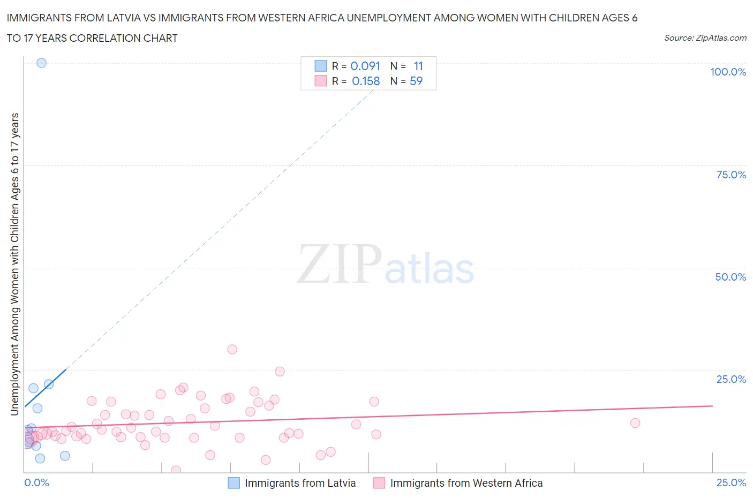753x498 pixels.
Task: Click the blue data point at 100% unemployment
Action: pos(41,63)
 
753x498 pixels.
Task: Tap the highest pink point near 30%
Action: pos(232,349)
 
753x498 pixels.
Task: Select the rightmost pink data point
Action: pos(635,423)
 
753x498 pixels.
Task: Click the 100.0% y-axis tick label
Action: pos(728,72)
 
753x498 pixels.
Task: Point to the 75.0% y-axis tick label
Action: pos(731,175)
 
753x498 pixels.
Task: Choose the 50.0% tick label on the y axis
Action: pos(731,277)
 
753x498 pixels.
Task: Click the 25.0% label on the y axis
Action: pos(731,379)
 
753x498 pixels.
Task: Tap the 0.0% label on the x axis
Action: pos(36,482)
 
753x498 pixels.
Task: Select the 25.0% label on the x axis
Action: pos(731,482)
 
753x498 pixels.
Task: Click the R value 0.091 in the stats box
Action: pos(365,66)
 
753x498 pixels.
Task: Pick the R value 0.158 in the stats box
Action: pos(366,81)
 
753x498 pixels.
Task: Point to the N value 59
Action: pos(416,81)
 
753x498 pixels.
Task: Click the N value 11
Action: pos(418,66)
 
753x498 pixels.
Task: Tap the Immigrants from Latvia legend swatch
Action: pos(234,483)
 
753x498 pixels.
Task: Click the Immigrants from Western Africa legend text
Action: pos(466,483)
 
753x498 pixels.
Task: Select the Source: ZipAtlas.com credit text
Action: pos(705,38)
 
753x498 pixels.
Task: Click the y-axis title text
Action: pos(14,264)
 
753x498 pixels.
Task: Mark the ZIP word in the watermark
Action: pos(340,263)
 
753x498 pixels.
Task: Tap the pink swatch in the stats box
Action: pos(320,81)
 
